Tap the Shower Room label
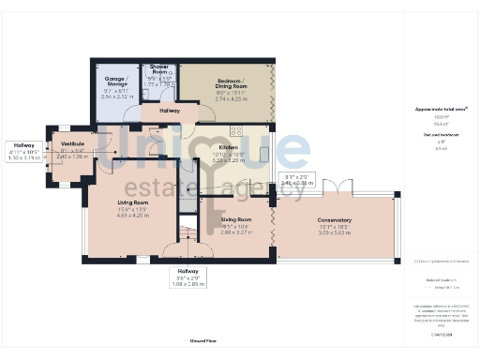[x=159, y=70]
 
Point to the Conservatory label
[x=334, y=220]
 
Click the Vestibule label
[x=72, y=143]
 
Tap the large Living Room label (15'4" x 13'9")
[x=132, y=202]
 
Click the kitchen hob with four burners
[x=236, y=131]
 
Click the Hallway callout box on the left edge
[x=23, y=152]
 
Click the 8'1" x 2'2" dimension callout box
[x=300, y=179]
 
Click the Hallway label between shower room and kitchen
[x=170, y=111]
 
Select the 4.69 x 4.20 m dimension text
[x=132, y=216]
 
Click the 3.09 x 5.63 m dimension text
[x=334, y=232]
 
